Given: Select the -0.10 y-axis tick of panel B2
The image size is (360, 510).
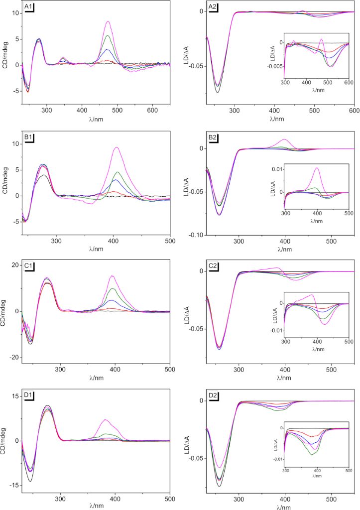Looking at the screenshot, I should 197,235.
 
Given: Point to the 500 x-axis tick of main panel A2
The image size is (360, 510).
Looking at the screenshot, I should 314,111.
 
